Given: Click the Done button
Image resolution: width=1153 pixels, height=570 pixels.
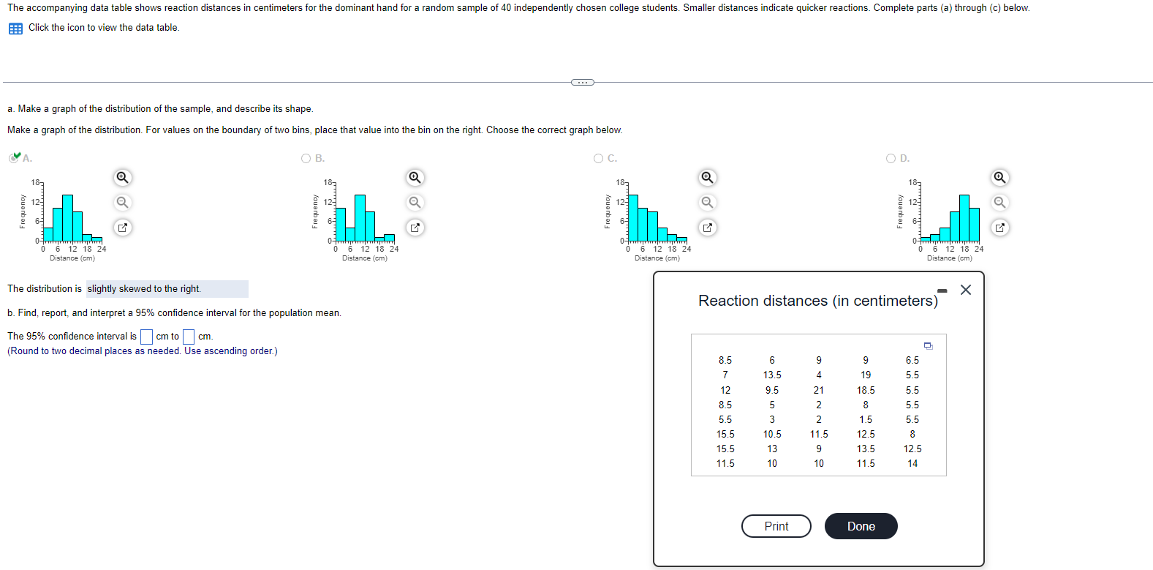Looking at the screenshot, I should (861, 526).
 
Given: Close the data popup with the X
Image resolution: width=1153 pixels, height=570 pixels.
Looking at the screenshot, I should (965, 290).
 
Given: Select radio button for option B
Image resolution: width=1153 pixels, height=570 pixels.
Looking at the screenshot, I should (306, 158).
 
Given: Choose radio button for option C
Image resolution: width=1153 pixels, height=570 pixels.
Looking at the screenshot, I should (599, 158).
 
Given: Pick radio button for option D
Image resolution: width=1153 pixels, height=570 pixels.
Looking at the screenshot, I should (891, 158).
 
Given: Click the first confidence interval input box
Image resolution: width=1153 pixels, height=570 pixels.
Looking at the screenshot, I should (146, 337).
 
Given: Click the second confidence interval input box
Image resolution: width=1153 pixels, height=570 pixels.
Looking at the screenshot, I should (189, 337).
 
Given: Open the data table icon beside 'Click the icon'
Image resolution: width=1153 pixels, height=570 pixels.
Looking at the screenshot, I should (15, 29).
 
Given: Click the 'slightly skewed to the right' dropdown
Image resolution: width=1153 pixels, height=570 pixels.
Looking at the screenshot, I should (167, 289).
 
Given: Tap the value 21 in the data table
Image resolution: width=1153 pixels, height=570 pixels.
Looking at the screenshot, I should (819, 390).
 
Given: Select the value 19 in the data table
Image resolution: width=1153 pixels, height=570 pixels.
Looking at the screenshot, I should (866, 375).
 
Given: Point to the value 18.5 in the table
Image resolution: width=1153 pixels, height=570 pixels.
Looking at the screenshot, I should (866, 390).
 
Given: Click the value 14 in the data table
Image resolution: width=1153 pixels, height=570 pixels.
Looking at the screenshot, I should (912, 463).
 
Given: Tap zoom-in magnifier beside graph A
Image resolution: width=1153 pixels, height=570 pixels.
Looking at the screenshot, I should (123, 177).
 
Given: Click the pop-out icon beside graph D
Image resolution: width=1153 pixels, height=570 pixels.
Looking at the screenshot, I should (999, 228).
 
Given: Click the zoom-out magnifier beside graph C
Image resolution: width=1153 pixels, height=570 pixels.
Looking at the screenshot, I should (707, 202).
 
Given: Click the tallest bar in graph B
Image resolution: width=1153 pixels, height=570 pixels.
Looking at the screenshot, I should (360, 217).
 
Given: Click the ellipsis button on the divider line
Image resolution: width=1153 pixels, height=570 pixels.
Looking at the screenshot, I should (582, 82).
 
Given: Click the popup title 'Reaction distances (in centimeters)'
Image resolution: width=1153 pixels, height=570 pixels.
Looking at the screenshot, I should (817, 301).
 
